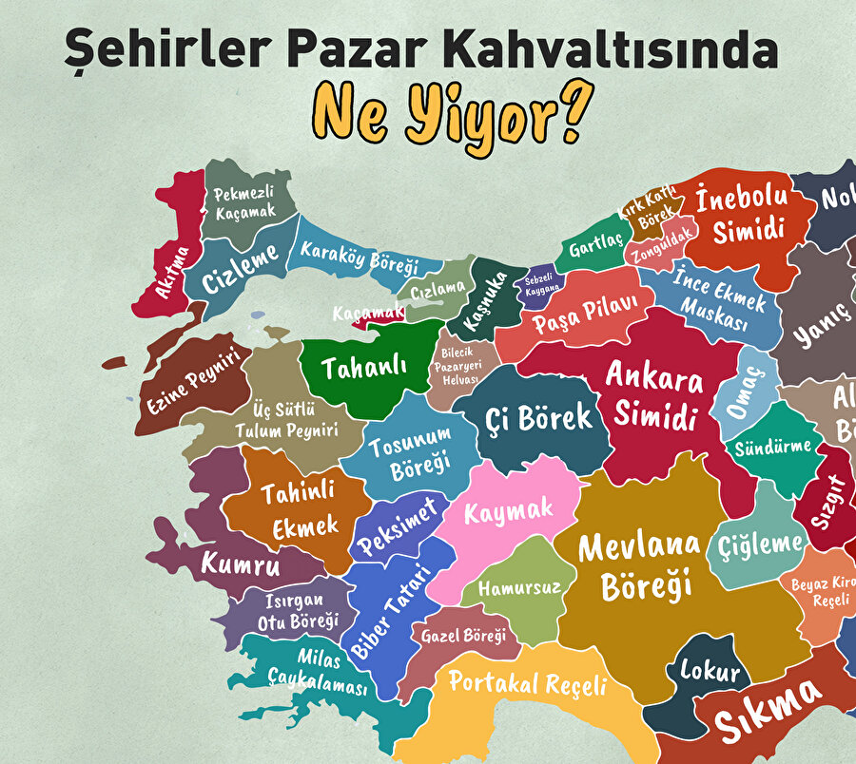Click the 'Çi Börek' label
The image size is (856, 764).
[538, 416]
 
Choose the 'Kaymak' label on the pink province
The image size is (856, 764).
[508, 510]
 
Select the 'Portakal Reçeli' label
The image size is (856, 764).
[527, 683]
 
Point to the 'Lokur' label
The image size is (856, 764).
[710, 672]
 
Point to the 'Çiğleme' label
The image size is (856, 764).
[760, 544]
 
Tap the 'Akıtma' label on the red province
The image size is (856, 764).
[174, 273]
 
